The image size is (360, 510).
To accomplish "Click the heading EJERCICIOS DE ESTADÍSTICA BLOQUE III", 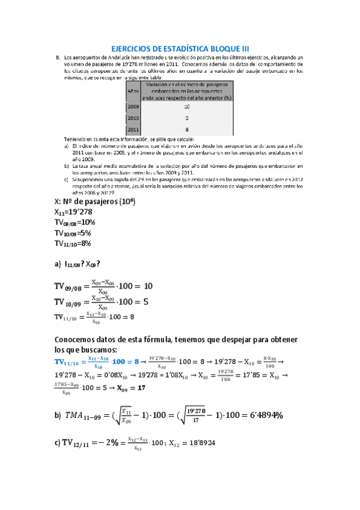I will coord(180,48).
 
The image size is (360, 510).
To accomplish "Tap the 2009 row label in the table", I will coord(133,106).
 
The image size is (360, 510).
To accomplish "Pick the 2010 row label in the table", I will coord(133,118).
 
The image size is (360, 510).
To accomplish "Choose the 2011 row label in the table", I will coord(133,129).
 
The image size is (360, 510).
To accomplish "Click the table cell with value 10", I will coord(187,106).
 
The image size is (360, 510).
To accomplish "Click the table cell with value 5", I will coord(187,118).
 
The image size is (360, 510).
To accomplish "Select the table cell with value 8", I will coord(187,129).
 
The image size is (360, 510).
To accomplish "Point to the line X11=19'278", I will coord(74,212).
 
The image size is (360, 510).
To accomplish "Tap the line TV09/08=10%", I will coord(75,223).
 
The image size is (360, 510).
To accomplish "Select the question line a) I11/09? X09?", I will coord(78,263).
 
